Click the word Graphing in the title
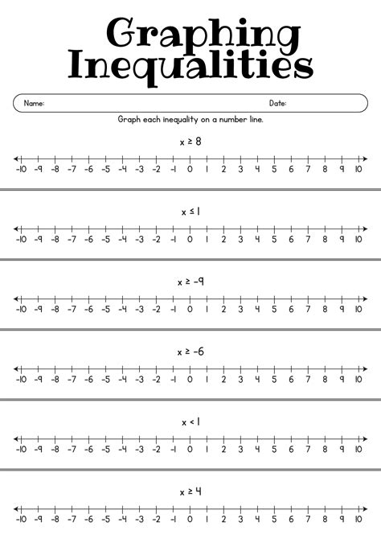pyautogui.click(x=190, y=34)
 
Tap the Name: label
pyautogui.click(x=34, y=103)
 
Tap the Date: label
pyautogui.click(x=277, y=103)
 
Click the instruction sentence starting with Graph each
pyautogui.click(x=190, y=119)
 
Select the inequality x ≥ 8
pyautogui.click(x=190, y=141)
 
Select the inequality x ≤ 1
pyautogui.click(x=190, y=212)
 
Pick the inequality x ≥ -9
pyautogui.click(x=190, y=282)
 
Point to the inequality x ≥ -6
pyautogui.click(x=190, y=352)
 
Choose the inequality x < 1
pyautogui.click(x=190, y=422)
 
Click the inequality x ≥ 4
pyautogui.click(x=190, y=491)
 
